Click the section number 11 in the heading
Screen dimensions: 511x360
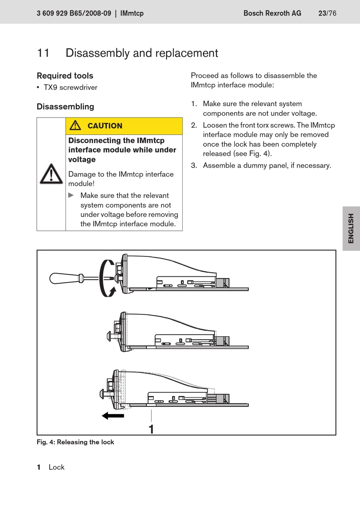(43, 53)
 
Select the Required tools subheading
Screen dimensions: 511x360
(65, 76)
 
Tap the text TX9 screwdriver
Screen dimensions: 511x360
(70, 88)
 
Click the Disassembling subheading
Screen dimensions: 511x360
(65, 107)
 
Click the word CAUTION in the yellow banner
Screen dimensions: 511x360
(105, 126)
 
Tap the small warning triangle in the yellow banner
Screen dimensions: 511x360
(75, 125)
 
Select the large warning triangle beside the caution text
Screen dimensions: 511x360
(51, 174)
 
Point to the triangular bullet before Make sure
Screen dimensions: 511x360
(71, 195)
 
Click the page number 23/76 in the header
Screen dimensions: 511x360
(327, 13)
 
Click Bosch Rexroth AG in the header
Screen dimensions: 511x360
(272, 13)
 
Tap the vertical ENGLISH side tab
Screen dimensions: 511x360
(351, 228)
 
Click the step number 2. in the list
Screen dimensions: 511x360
(194, 125)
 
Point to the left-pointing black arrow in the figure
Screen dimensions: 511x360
(113, 416)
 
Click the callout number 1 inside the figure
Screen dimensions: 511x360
(151, 429)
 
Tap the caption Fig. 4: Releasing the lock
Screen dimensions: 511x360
(75, 442)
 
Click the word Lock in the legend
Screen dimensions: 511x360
(56, 467)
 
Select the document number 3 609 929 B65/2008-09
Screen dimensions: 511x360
(74, 13)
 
